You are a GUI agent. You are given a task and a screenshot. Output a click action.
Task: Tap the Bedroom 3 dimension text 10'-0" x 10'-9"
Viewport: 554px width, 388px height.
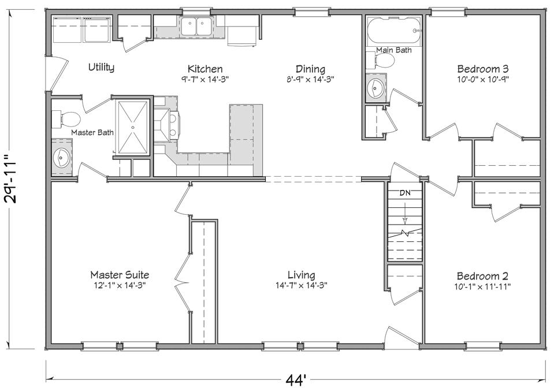coord(482,79)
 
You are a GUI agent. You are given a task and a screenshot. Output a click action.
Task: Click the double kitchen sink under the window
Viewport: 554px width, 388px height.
coord(196,27)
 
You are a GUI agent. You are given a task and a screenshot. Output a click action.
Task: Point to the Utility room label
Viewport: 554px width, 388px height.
coord(101,67)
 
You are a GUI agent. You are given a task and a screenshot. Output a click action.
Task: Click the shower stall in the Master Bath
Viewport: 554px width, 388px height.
coord(133,127)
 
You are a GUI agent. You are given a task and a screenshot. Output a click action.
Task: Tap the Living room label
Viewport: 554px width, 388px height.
coord(302,275)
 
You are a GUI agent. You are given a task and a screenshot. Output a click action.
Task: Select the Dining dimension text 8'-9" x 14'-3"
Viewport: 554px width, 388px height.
coord(310,79)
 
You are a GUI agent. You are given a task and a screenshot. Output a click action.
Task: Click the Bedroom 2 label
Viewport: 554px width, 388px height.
coord(482,275)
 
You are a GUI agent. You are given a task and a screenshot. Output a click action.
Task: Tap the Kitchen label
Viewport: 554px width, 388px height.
coord(205,69)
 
